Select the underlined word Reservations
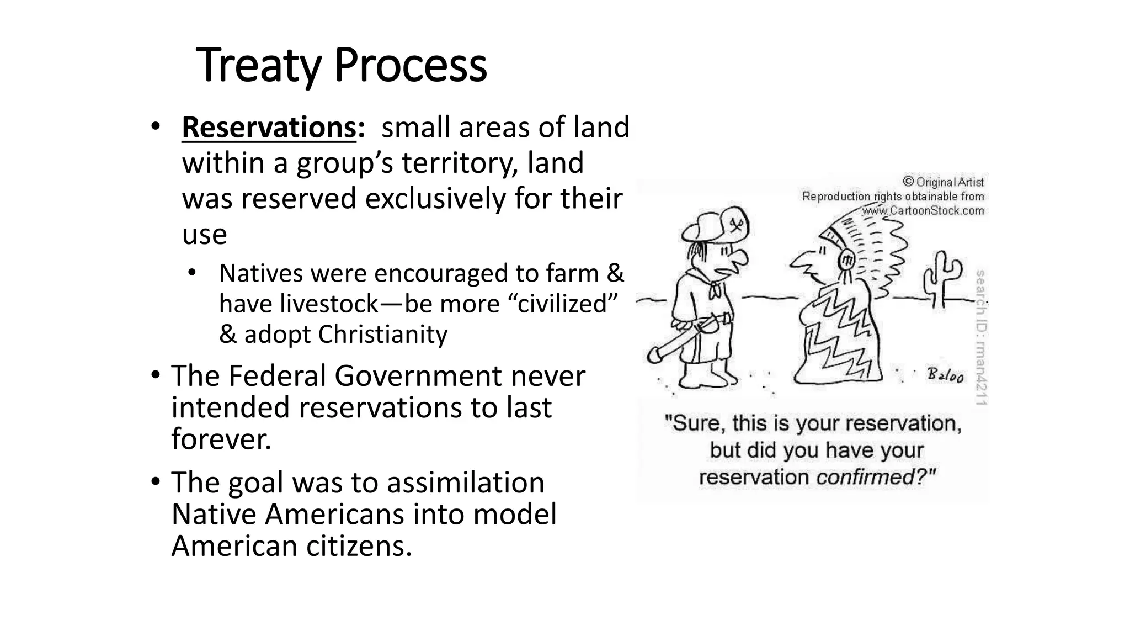pyautogui.click(x=269, y=128)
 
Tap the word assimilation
pyautogui.click(x=465, y=483)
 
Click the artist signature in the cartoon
pyautogui.click(x=946, y=376)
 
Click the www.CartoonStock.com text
pyautogui.click(x=923, y=211)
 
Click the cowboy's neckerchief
pyautogui.click(x=716, y=287)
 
